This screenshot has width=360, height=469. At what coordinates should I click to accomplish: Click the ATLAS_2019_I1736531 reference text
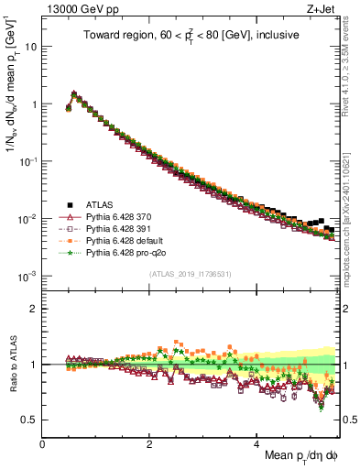click(189, 274)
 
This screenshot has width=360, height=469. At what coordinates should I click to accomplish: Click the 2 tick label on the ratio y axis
click(35, 309)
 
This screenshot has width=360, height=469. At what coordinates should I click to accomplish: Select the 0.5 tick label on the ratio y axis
click(30, 420)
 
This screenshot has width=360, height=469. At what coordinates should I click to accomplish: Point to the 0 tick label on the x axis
click(43, 442)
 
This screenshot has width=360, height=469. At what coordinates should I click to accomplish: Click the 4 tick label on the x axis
click(257, 442)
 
